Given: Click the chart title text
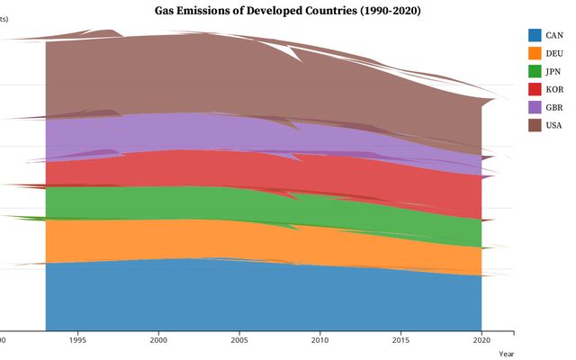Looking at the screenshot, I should tap(287, 11).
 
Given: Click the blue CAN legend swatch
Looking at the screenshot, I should tap(535, 35).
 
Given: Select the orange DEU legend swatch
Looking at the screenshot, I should tap(535, 53).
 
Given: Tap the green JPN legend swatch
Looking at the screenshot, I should tap(535, 71).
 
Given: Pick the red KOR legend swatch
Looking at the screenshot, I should tap(535, 89).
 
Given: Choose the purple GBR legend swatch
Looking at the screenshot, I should tap(535, 107).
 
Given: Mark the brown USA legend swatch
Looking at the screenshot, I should tap(535, 125).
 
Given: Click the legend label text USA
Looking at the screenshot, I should tap(554, 125).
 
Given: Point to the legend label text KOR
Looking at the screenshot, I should tap(554, 89).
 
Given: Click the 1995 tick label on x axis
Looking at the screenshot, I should tap(78, 340).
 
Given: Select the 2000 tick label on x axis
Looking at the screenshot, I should tap(158, 340).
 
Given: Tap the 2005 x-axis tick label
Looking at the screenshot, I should tap(239, 340).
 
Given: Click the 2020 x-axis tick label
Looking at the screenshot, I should tap(481, 340).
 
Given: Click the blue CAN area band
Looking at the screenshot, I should tap(261, 297).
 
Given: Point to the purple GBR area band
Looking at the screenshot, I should tap(180, 131).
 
